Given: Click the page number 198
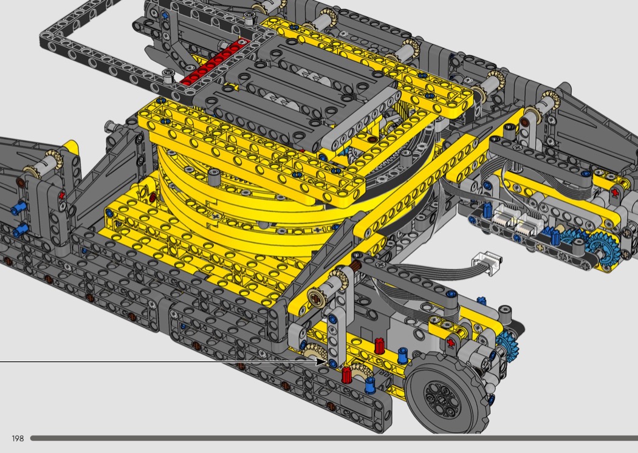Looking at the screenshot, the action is pos(18,438).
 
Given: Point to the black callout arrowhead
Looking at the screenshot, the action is pos(322,361).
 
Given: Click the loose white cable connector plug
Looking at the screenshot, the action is pos(487,263).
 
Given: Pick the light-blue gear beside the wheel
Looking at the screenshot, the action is pos(507,344).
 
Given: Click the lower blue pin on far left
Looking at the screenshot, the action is pos(19,230).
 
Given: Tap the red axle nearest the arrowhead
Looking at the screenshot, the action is pos(346,375).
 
